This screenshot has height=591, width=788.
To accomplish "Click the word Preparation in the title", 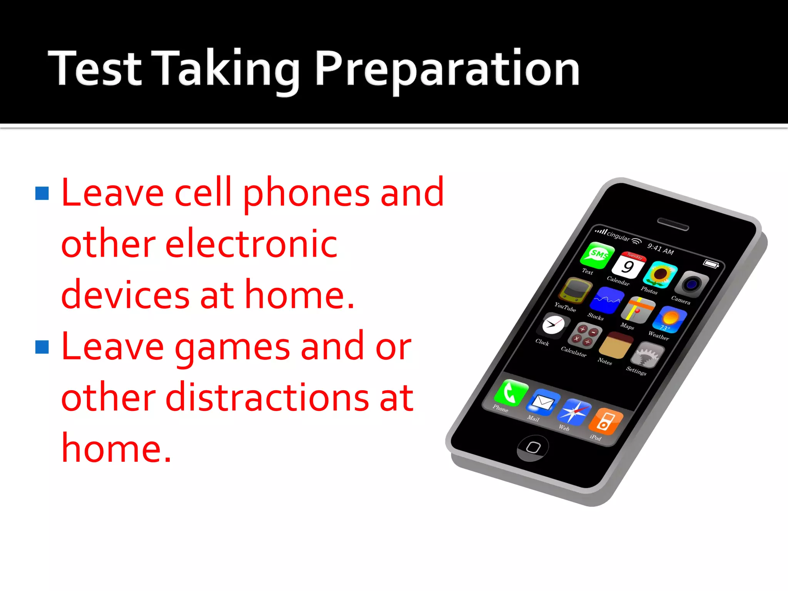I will tap(447, 69).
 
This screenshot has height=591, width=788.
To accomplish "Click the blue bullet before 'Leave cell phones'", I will tap(42, 194).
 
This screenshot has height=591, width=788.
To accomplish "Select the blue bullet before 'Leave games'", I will tap(42, 347).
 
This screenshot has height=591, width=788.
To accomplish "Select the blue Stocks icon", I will tap(606, 300).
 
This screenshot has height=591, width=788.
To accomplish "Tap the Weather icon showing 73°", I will tap(671, 319).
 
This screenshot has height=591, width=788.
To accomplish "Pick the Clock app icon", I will tap(553, 326).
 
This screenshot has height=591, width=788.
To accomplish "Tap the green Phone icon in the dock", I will tap(510, 392).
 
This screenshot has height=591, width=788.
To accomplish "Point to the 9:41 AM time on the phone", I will tap(660, 249).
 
